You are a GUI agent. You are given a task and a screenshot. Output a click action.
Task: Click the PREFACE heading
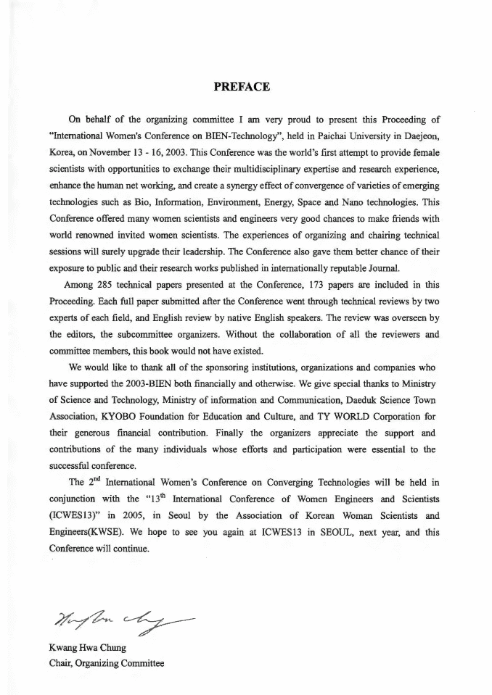tap(242, 87)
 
